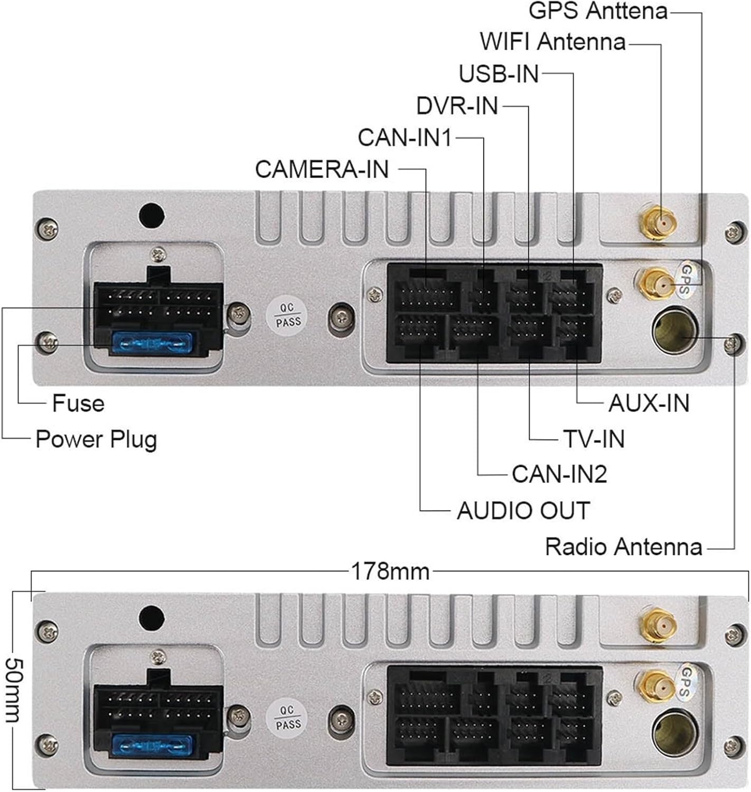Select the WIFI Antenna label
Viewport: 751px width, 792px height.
(552, 42)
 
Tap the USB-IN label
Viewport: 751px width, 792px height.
(498, 74)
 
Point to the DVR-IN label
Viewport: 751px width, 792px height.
(457, 106)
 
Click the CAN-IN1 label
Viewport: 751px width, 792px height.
(405, 138)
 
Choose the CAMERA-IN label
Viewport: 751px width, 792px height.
(322, 169)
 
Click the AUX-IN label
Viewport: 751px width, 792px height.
(649, 403)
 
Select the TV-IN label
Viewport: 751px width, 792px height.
(594, 439)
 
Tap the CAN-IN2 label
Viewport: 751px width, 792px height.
(559, 474)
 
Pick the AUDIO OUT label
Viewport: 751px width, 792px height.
(523, 511)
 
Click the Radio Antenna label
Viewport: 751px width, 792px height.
(623, 547)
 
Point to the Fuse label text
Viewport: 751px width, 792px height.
(78, 403)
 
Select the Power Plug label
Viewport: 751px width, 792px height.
(96, 439)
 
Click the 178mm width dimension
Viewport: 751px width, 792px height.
(390, 571)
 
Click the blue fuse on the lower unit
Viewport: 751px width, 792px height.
(150, 745)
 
